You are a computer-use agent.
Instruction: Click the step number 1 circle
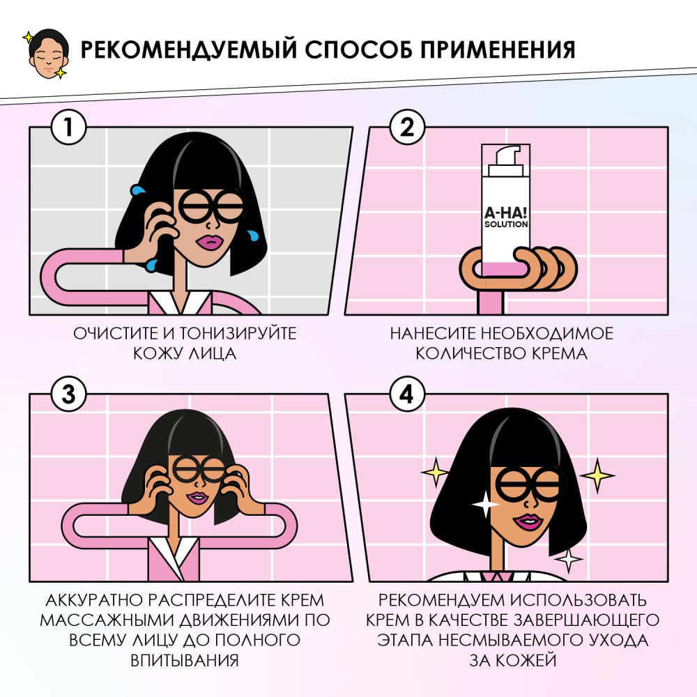point(68,128)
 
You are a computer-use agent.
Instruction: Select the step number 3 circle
point(68,395)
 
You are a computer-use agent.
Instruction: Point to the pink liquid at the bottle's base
point(506,266)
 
